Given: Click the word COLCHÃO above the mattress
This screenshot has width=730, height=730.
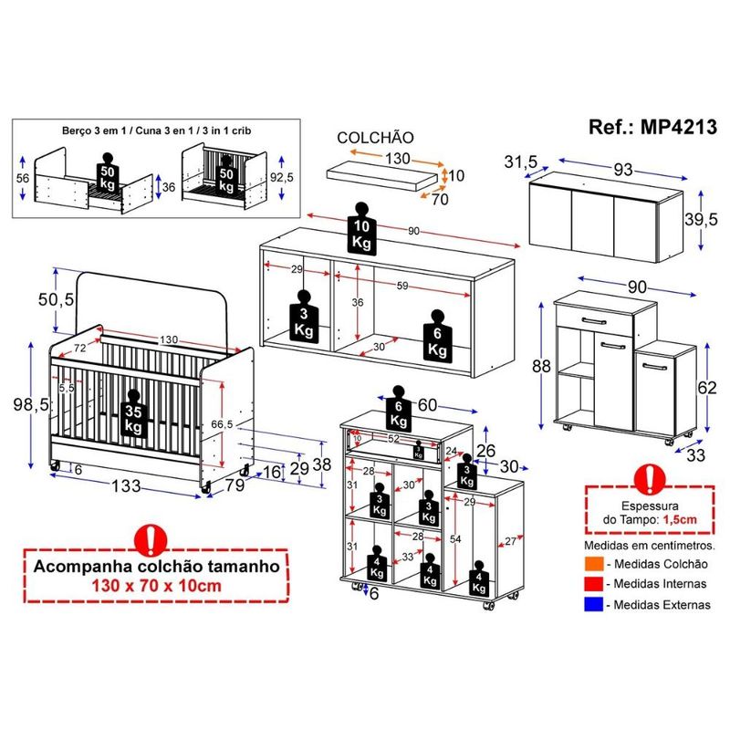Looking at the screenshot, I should tap(375, 137).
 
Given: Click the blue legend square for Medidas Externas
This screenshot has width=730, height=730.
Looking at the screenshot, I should tap(593, 604).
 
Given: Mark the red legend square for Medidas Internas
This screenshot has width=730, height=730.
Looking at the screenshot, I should tap(593, 584).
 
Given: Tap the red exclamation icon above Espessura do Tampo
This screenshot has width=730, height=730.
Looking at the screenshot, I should tap(649, 477).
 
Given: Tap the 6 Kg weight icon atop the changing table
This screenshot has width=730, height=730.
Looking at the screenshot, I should tap(398, 412).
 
